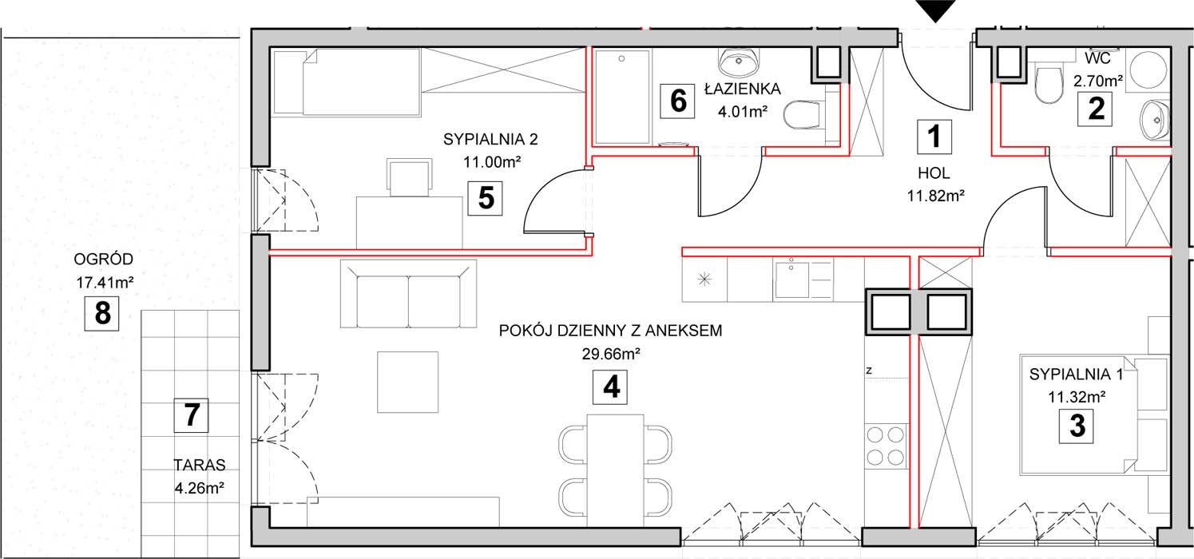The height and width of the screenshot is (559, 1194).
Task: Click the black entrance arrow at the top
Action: coord(935,10)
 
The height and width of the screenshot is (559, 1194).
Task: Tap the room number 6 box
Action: coord(677,101)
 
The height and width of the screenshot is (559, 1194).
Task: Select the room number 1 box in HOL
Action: coord(934,137)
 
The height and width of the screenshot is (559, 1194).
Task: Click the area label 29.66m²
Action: coord(611,354)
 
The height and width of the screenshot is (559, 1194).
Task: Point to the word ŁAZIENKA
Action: coord(743,89)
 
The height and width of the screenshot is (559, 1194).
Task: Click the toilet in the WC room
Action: coord(1048,85)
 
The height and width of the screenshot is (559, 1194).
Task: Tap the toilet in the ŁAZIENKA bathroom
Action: coord(802,114)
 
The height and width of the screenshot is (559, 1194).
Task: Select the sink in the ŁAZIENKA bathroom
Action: coord(739,63)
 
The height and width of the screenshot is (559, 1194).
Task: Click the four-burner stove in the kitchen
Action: coord(886,446)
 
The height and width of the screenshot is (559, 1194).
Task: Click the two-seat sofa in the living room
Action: coord(408,294)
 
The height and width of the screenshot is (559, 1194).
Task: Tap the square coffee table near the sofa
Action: coord(408,382)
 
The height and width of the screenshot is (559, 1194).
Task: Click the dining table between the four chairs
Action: coord(615,471)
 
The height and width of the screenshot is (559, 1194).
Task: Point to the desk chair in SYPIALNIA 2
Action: coord(410,177)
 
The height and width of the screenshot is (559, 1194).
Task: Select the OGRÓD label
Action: coord(103,260)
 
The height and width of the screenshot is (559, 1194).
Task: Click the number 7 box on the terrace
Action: coord(191,415)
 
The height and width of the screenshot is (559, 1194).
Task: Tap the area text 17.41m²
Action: coord(105,283)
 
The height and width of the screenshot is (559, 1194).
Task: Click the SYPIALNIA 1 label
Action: coord(1076,375)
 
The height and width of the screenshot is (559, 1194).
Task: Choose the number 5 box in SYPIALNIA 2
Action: coord(485,198)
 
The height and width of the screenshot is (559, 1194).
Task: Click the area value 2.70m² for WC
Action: coord(1098,81)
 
